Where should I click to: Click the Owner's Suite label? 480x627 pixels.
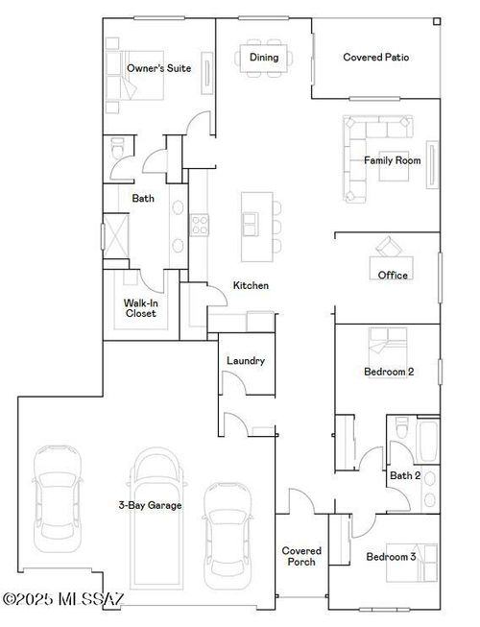(158, 68)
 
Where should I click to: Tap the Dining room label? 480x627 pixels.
(264, 58)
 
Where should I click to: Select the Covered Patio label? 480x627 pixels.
(376, 58)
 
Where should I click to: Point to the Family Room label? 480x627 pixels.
(392, 160)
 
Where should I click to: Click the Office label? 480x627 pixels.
(393, 276)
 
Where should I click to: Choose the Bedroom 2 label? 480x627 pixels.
(389, 372)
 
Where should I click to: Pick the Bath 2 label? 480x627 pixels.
(404, 475)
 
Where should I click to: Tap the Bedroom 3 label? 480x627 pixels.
(391, 556)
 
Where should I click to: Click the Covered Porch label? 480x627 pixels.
(301, 556)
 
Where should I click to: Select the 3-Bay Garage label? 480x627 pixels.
(150, 505)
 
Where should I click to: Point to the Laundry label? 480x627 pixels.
(245, 361)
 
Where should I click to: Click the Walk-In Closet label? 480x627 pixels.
(140, 307)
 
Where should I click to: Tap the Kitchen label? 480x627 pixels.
(251, 285)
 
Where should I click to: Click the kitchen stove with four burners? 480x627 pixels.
(200, 225)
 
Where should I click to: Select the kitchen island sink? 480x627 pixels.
(250, 223)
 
